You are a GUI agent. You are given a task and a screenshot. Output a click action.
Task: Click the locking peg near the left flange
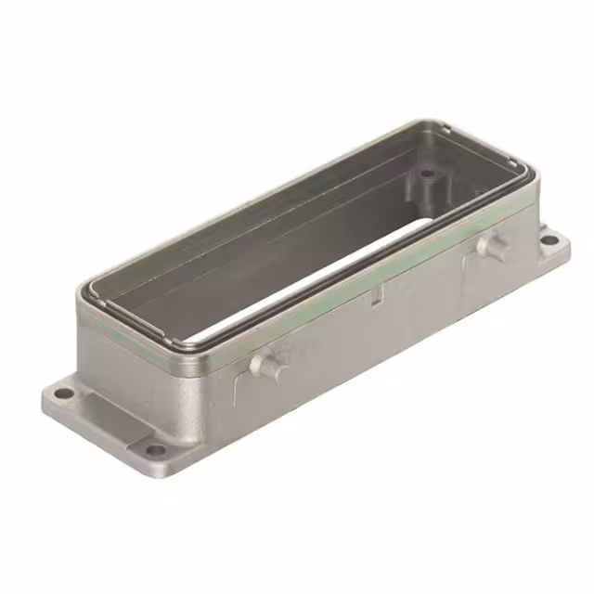point(269,365)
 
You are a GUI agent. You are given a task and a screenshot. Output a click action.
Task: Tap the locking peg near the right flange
point(491,246)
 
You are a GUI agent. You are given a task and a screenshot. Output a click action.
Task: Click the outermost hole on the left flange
point(62,394)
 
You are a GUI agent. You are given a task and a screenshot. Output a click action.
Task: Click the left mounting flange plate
point(93,418)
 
